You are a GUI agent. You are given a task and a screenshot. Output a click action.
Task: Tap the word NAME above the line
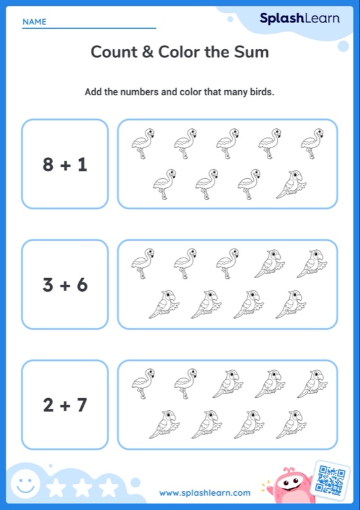pyautogui.click(x=34, y=22)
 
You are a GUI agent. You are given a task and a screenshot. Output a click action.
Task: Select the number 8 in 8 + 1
pyautogui.click(x=48, y=165)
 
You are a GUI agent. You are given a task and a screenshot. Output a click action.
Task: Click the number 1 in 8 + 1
pyautogui.click(x=82, y=165)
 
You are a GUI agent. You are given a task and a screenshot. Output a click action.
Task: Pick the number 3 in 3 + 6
pyautogui.click(x=48, y=285)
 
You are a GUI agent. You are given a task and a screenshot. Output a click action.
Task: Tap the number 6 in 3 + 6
pyautogui.click(x=82, y=285)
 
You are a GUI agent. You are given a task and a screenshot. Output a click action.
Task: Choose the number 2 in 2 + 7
pyautogui.click(x=48, y=405)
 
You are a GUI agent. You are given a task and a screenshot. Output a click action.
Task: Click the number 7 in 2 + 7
pyautogui.click(x=82, y=405)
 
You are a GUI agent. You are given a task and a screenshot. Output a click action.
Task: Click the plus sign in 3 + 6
pyautogui.click(x=65, y=285)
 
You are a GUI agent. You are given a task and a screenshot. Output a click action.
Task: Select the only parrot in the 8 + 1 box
pyautogui.click(x=292, y=185)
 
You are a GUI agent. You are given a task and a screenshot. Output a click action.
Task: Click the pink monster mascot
pyautogui.click(x=288, y=486)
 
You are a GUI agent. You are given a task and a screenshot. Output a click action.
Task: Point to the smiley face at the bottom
pyautogui.click(x=23, y=484)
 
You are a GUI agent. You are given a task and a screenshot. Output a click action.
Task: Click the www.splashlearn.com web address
pyautogui.click(x=205, y=493)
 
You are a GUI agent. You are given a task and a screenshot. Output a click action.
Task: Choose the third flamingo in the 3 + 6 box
pyautogui.click(x=227, y=263)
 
